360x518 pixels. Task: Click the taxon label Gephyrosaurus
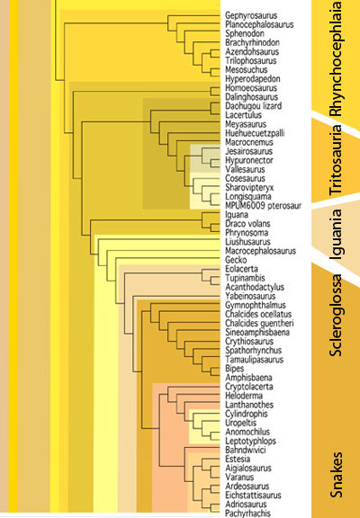click(x=251, y=15)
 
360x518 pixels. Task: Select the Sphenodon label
click(x=245, y=33)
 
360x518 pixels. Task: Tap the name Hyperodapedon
click(x=253, y=79)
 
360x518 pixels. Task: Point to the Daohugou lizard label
click(x=253, y=106)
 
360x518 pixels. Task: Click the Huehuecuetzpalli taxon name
click(x=255, y=133)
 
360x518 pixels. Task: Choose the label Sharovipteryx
click(x=249, y=187)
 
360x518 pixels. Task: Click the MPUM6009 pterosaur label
click(x=263, y=205)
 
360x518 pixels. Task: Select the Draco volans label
click(x=247, y=224)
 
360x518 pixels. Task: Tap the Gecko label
click(x=236, y=260)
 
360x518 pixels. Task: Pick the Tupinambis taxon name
click(x=245, y=278)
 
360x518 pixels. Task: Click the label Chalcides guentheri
click(x=259, y=323)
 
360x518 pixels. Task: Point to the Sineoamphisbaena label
click(x=257, y=332)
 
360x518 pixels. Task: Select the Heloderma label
click(x=244, y=396)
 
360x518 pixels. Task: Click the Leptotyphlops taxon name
click(x=250, y=441)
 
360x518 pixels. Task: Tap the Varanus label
click(x=239, y=477)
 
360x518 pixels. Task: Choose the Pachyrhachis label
click(x=247, y=514)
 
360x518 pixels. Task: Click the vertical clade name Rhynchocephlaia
click(x=336, y=58)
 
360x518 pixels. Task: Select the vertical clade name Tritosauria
click(x=335, y=160)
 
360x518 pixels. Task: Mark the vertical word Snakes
click(x=336, y=475)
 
